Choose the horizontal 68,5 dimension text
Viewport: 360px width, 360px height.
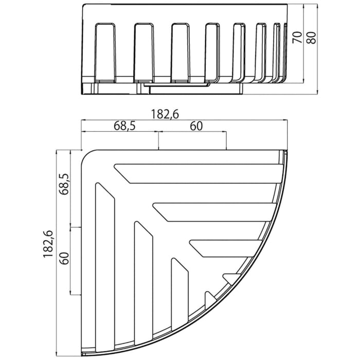pyautogui.click(x=121, y=126)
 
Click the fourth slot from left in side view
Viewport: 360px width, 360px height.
pyautogui.click(x=213, y=52)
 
